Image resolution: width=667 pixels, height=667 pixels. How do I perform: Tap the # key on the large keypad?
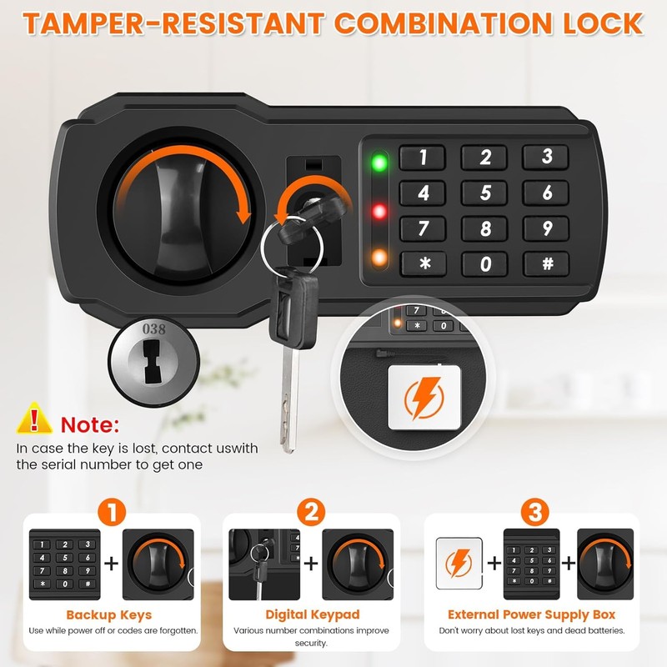[546, 263]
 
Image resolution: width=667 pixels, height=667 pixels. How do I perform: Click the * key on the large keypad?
[424, 263]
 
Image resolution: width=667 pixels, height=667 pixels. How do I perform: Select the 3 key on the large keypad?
[546, 157]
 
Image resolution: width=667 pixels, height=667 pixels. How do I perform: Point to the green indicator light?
[379, 163]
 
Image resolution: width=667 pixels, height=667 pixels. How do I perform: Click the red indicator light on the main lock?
[379, 212]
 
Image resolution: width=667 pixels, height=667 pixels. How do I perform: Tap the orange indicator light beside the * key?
[379, 258]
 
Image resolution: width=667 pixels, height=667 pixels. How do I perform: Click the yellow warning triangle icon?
[34, 419]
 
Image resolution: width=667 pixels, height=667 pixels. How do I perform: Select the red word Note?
[90, 424]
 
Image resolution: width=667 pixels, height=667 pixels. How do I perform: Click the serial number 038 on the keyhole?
[154, 328]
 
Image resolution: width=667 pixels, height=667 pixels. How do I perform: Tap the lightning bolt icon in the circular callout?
[424, 398]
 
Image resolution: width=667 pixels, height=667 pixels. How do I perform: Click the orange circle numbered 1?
[112, 512]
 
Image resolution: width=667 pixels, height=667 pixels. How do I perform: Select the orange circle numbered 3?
[534, 512]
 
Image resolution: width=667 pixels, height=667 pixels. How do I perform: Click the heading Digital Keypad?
[312, 614]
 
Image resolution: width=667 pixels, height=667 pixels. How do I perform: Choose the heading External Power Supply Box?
[531, 614]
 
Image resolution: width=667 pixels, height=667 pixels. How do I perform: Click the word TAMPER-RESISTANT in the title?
[173, 23]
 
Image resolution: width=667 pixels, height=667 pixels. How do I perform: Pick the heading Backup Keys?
[109, 615]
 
